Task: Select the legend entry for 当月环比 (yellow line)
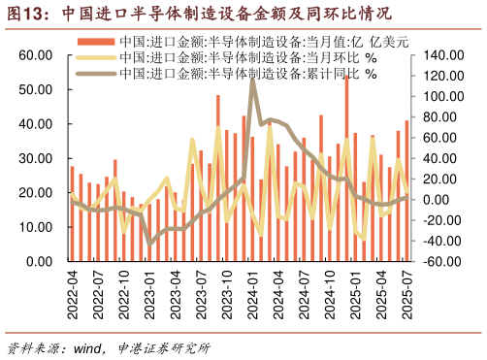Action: click(243, 58)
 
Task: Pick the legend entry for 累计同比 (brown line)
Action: click(243, 73)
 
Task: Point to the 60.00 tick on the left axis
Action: click(35, 55)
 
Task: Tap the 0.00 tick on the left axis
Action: click(39, 262)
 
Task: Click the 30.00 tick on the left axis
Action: click(35, 158)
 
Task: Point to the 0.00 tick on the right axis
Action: click(439, 200)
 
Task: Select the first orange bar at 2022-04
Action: click(72, 213)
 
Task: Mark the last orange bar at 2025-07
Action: click(406, 190)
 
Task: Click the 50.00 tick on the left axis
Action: click(35, 89)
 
